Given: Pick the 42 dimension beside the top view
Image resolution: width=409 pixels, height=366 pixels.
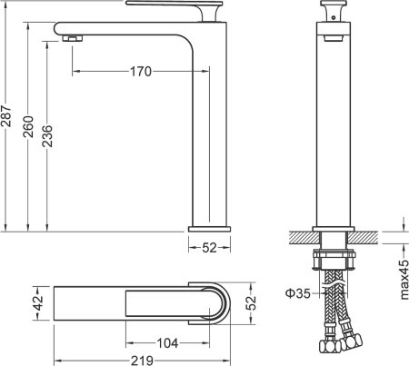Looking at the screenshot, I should (38, 302).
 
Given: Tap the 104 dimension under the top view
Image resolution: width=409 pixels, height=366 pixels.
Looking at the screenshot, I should (167, 343).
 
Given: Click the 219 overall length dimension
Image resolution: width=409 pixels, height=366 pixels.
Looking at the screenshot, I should (140, 360).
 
